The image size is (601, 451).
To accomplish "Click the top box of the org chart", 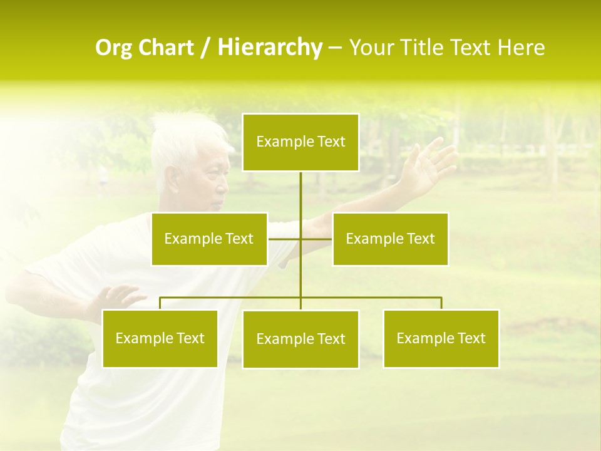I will coord(300,142).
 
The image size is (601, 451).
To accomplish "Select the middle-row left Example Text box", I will coord(209,239).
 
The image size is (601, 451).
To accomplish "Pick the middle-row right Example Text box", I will coord(390,239).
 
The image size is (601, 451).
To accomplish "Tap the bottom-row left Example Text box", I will coord(160,338).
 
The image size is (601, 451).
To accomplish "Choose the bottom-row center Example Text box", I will coord(300,339).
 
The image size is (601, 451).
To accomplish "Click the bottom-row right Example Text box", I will coord(441,338).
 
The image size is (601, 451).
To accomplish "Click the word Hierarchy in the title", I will coord(270,48).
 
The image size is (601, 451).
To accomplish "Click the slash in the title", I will coord(205,48).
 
